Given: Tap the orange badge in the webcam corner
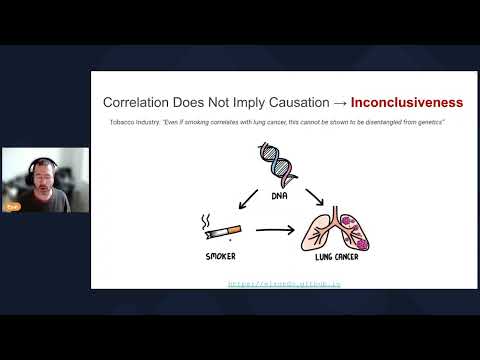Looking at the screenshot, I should [14, 201].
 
